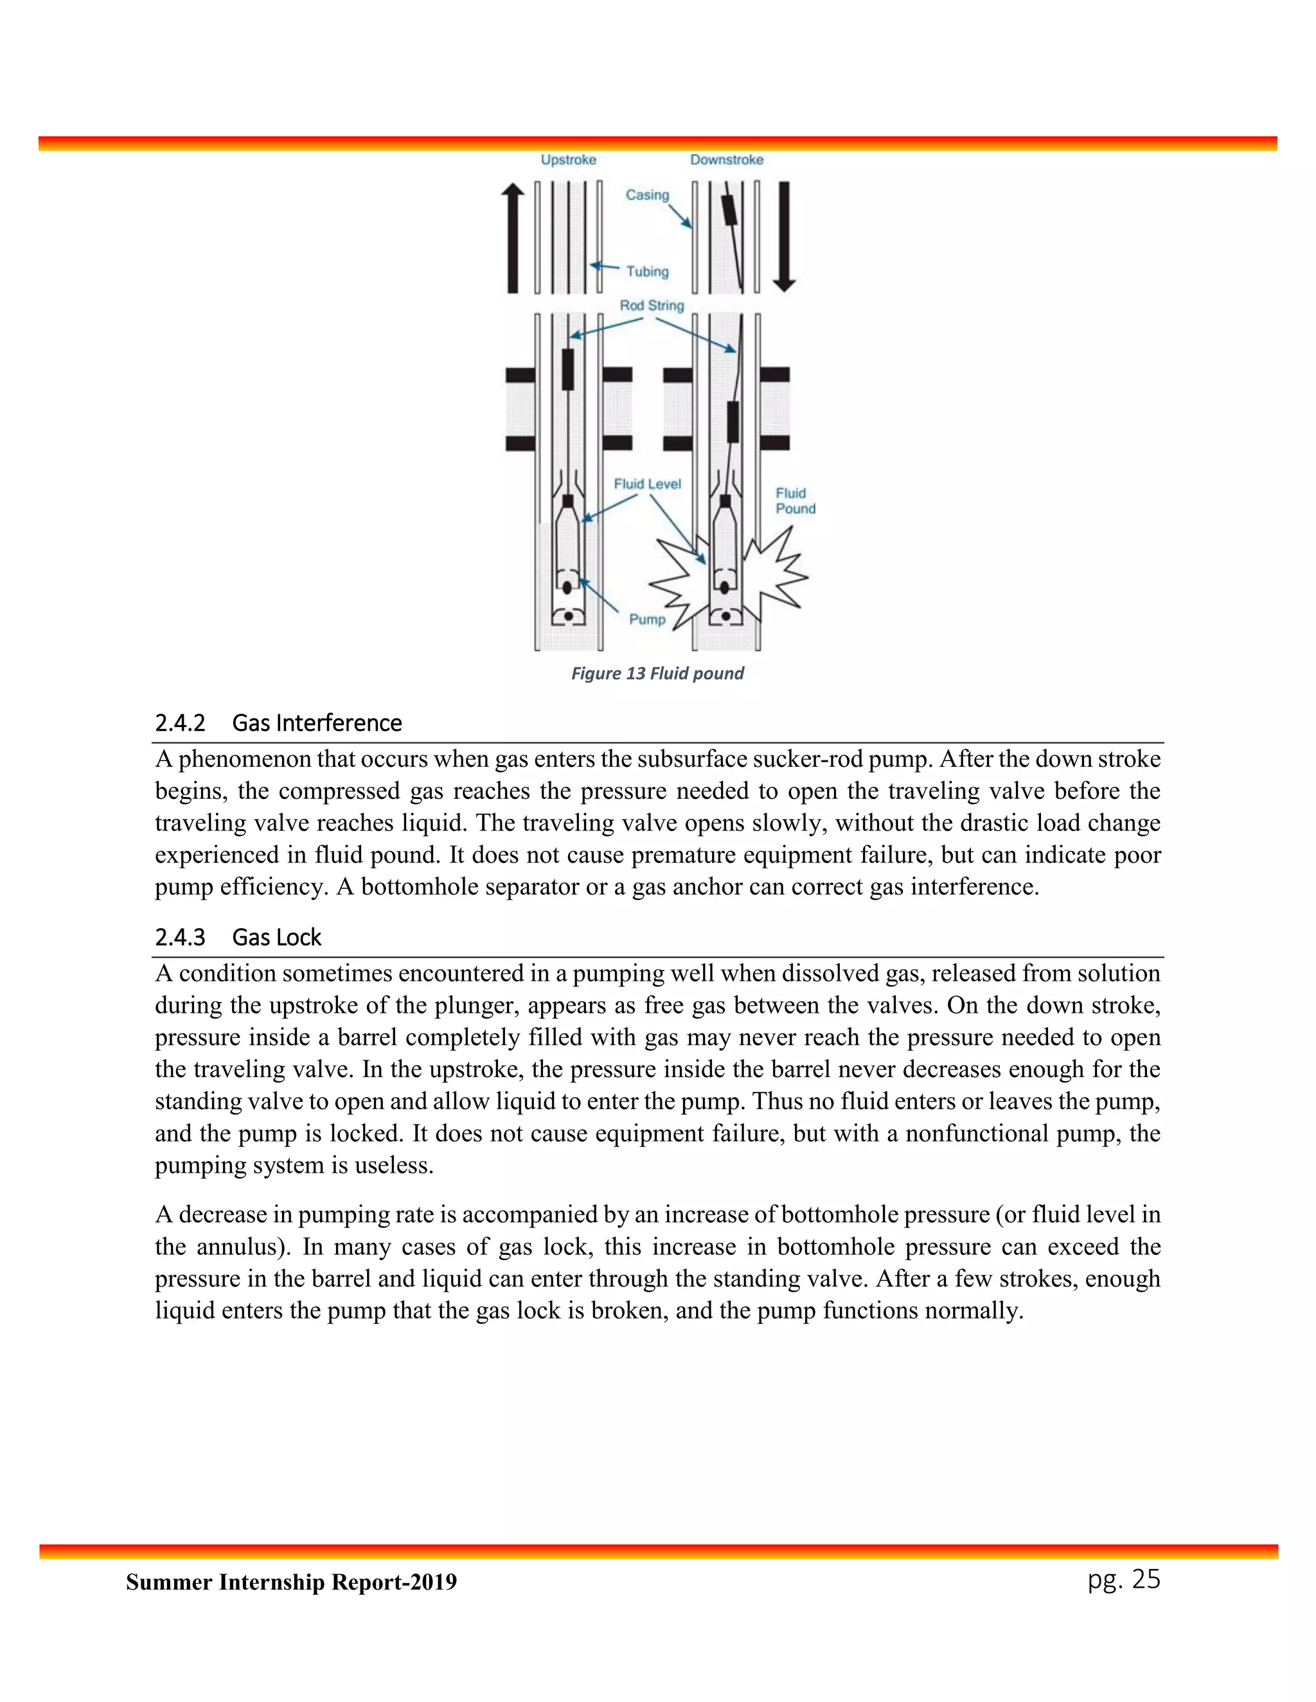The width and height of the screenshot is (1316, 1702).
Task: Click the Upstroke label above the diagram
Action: tap(568, 160)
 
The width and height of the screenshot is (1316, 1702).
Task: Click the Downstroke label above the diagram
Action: tap(727, 160)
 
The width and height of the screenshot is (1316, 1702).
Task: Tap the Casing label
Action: tap(647, 195)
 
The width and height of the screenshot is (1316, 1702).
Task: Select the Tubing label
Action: tap(647, 271)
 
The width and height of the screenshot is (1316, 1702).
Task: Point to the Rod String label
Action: tap(652, 306)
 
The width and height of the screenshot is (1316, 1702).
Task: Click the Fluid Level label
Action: tap(647, 484)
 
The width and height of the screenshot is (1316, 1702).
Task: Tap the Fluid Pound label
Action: tap(796, 501)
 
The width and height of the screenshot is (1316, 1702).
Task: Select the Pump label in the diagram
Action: tap(647, 620)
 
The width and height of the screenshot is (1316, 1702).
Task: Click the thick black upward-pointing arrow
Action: tap(512, 238)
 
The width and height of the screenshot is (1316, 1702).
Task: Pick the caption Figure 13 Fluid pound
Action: tap(657, 673)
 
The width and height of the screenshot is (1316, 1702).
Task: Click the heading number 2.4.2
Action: tap(180, 723)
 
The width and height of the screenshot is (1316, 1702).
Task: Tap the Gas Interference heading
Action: tap(317, 723)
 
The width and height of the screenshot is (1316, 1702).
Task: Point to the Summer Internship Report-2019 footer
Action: tap(292, 1582)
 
